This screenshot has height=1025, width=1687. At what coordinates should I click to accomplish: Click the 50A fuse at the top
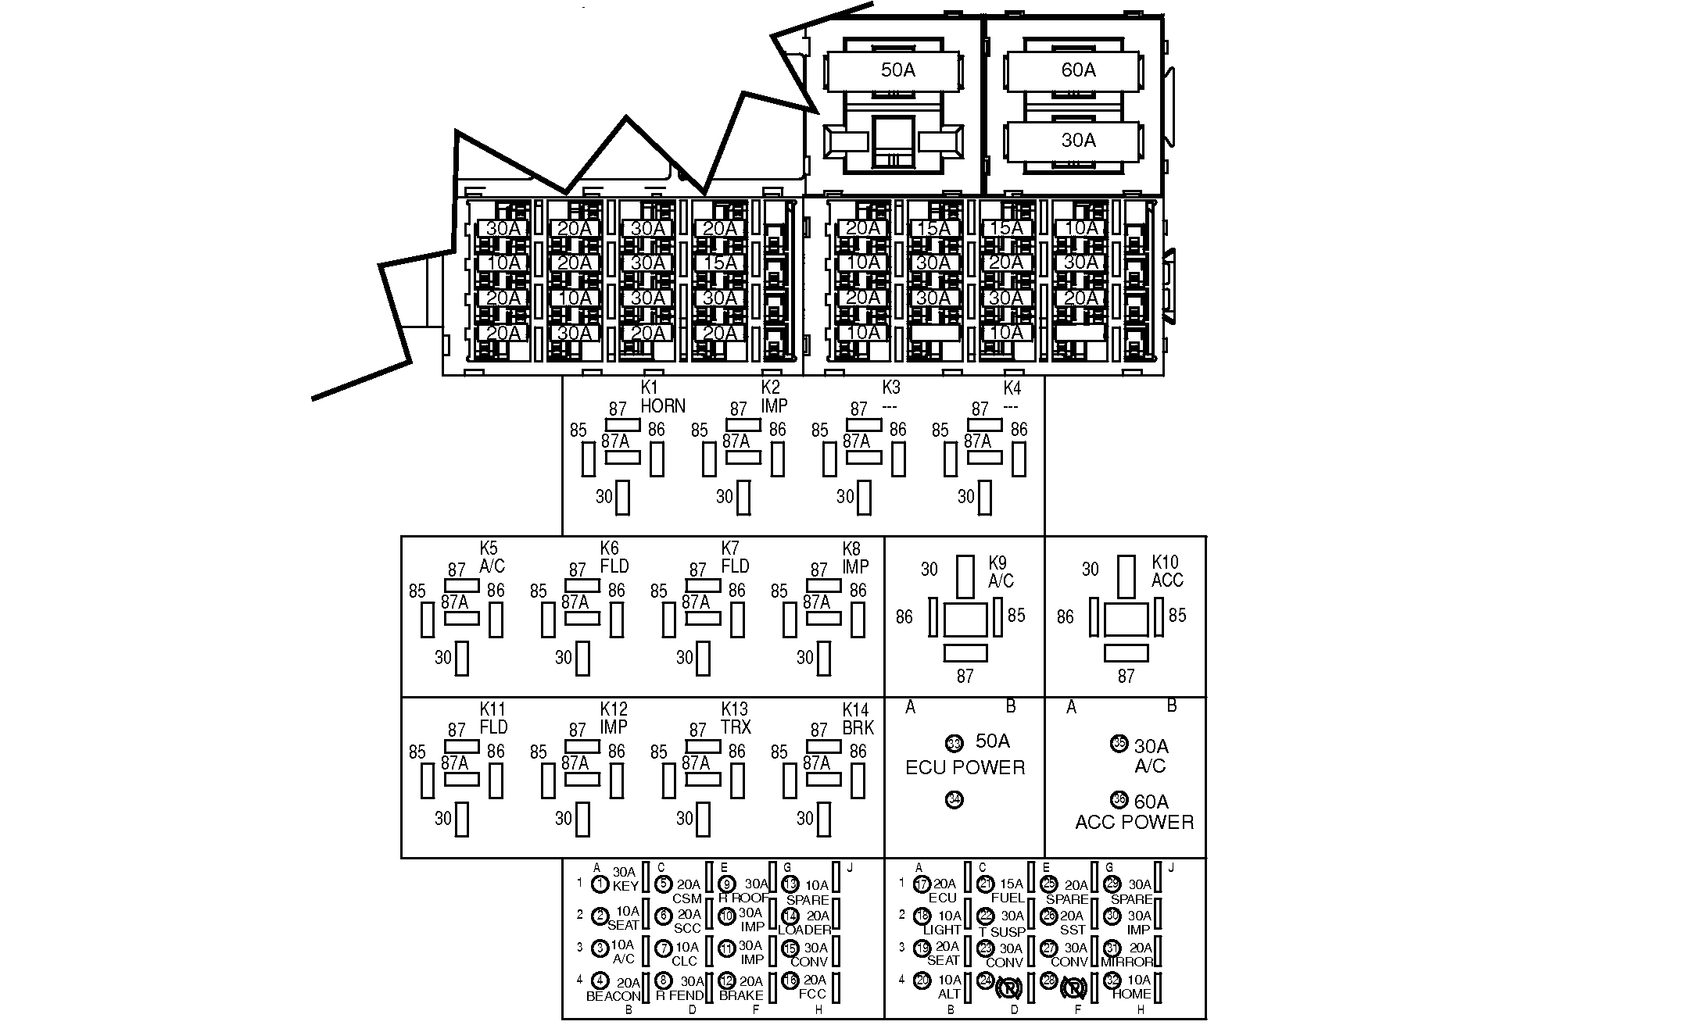897,70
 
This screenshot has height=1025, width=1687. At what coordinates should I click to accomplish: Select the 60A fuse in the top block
1078,70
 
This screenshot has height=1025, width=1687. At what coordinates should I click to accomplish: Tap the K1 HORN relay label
662,397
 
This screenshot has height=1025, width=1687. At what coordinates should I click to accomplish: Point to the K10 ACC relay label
1167,571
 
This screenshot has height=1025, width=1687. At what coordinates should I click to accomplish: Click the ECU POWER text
965,767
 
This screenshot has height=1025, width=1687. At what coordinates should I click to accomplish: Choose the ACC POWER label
1134,822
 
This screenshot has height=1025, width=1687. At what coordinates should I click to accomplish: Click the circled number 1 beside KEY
600,884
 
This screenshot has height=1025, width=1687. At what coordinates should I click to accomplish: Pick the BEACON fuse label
613,996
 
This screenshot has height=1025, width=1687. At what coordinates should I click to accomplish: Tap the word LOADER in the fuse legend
804,930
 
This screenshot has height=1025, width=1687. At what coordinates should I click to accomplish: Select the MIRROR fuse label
1126,962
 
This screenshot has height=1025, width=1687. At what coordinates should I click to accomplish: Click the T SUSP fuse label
1001,931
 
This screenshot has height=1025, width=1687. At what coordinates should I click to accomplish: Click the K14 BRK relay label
858,719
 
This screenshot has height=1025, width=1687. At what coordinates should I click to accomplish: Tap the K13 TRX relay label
736,719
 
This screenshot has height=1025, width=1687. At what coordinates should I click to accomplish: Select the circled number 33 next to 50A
954,742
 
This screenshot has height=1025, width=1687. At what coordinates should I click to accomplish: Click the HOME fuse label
1131,994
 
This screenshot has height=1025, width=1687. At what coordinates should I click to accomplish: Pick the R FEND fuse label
679,995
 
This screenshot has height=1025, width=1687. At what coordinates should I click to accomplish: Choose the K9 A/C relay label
1001,572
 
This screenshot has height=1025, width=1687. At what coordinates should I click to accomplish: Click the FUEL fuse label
1008,898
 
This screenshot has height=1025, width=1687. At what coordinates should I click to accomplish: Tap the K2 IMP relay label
774,397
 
